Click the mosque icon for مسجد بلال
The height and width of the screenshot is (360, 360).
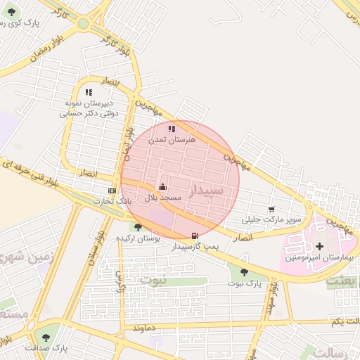pyautogui.click(x=162, y=186)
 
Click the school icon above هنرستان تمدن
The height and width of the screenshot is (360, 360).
pyautogui.click(x=172, y=129)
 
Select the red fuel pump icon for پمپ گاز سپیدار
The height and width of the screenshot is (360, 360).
pyautogui.click(x=195, y=236)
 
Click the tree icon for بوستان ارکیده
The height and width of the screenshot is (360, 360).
pyautogui.click(x=138, y=227)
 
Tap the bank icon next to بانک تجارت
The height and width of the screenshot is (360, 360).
pyautogui.click(x=112, y=191)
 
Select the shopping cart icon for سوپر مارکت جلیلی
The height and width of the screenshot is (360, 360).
pyautogui.click(x=271, y=209)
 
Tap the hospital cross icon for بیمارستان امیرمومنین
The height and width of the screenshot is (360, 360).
pyautogui.click(x=320, y=246)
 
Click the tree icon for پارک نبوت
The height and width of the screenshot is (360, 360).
pyautogui.click(x=244, y=271)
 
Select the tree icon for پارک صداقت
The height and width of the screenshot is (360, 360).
pyautogui.click(x=46, y=337)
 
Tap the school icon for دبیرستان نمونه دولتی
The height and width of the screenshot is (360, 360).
pyautogui.click(x=88, y=92)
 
